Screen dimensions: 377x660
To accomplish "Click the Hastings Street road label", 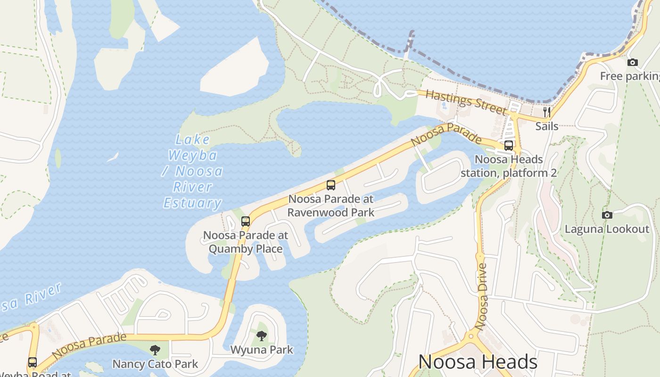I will point(465,101).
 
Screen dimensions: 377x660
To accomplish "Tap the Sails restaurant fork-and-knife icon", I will point(547,112).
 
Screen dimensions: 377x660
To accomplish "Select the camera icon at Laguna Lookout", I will point(607,215).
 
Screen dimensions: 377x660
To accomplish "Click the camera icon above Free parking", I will point(633,62).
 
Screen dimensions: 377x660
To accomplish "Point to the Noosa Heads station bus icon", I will point(509,145).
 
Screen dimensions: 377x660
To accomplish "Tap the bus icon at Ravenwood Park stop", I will point(331,185).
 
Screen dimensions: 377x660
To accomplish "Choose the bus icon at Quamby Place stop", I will point(246,221).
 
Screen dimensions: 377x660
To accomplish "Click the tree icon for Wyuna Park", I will point(262,336).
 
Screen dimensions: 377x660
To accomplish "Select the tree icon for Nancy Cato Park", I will point(155,350).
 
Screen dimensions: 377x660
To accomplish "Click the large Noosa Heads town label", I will point(478,362).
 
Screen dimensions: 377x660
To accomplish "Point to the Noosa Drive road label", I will point(482,296).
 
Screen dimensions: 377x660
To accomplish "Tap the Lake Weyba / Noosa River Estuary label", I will point(192,171).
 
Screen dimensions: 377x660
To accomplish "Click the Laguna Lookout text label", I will point(607,229).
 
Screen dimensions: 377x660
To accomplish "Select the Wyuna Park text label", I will point(262,350).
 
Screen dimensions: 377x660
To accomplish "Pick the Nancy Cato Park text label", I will point(155,364).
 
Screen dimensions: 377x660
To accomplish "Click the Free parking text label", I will point(629,76).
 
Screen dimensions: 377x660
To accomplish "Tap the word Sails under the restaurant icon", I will point(547,126).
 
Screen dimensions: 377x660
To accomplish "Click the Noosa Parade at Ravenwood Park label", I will point(331,205).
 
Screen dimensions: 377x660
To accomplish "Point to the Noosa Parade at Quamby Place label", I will point(246,242).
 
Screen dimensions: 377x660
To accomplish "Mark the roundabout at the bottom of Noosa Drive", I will point(471,336).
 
